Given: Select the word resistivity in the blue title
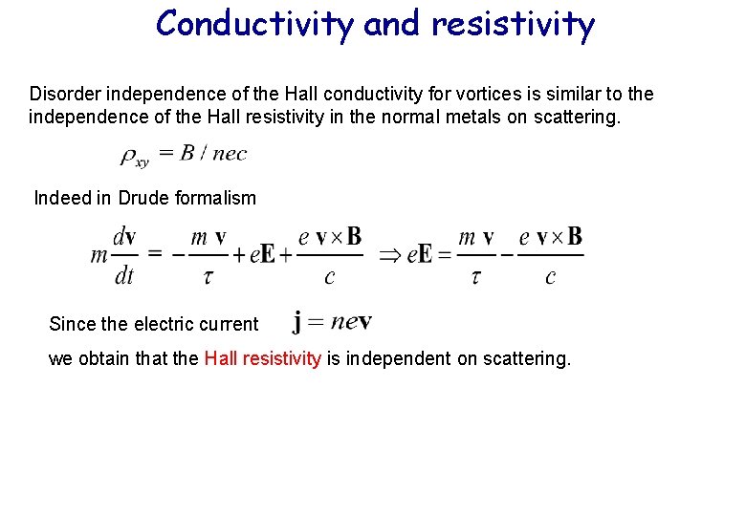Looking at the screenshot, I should (x=513, y=24).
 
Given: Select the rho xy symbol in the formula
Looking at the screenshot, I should (x=134, y=156).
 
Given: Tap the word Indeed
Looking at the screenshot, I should (x=61, y=199).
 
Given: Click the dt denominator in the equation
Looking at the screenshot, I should (x=124, y=277).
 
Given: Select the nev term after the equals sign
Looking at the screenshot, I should (x=351, y=321).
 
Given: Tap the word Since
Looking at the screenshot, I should (x=73, y=324).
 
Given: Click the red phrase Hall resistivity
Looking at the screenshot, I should (x=262, y=359).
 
